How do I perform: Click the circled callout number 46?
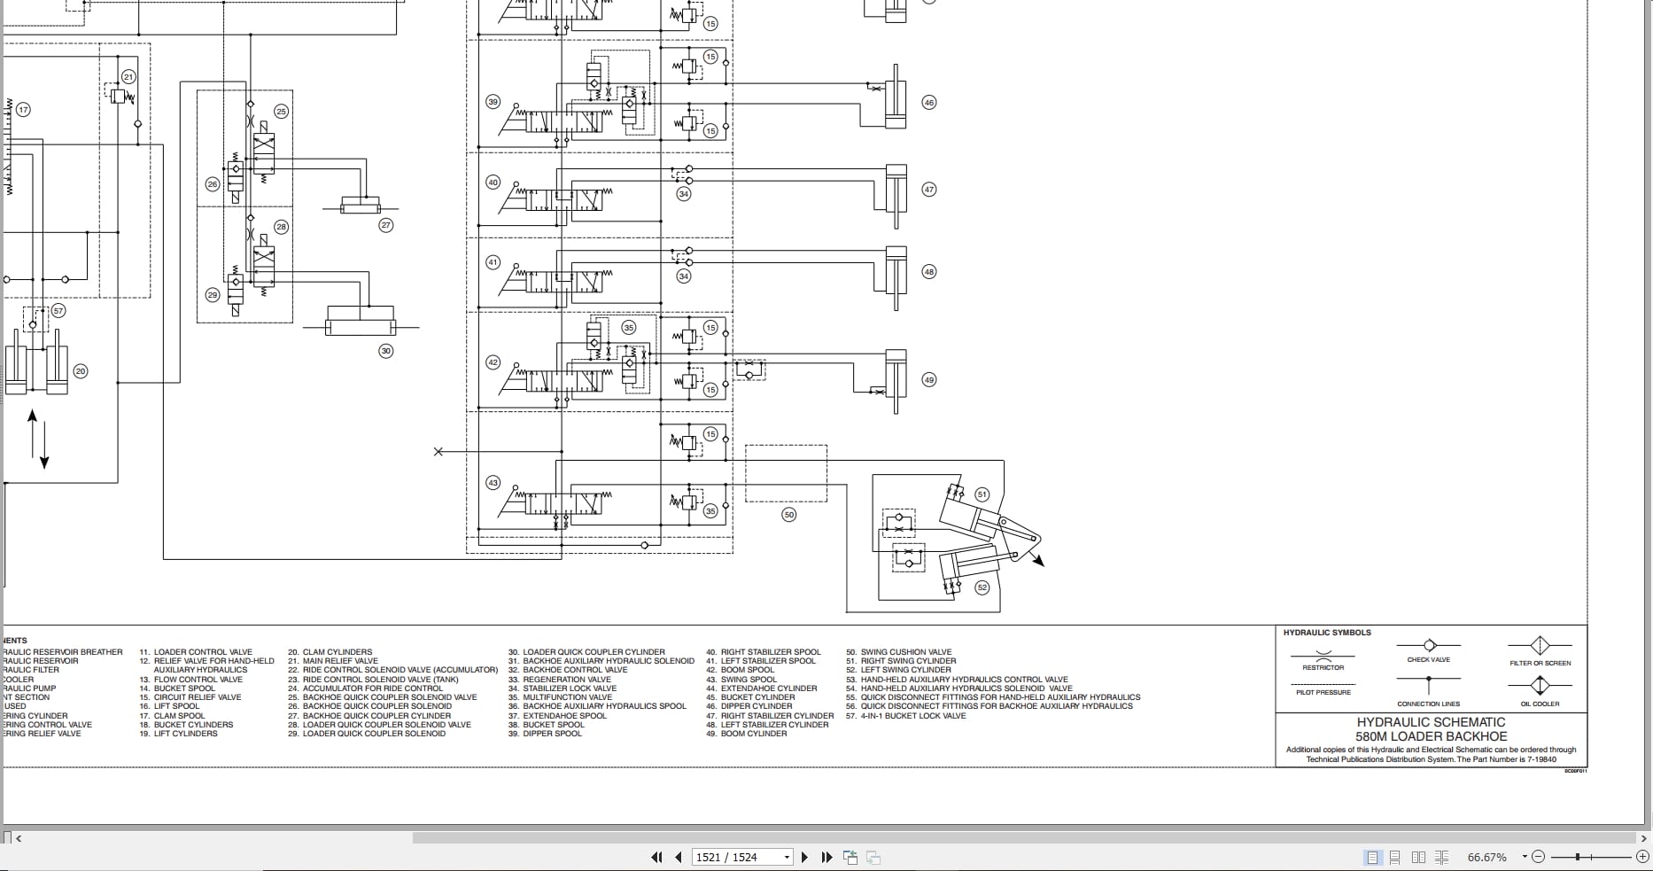pos(928,103)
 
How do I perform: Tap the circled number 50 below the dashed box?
pos(789,515)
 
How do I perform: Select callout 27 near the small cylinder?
pos(385,225)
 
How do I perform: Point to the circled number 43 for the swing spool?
pos(493,483)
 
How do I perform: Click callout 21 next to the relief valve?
pos(128,77)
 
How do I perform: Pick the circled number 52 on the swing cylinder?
pos(982,587)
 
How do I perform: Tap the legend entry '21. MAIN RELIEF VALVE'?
pos(332,661)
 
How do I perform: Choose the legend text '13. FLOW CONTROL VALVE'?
pos(190,680)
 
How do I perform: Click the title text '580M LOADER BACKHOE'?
pos(1431,736)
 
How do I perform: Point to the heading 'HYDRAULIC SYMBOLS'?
pos(1327,633)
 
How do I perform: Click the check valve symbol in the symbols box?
pos(1428,645)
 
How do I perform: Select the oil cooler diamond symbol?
pos(1540,686)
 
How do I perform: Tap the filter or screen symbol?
pos(1540,645)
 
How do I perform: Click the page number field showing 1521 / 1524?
pos(741,857)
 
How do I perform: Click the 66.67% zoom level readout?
pos(1487,857)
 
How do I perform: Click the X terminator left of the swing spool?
pos(438,452)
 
